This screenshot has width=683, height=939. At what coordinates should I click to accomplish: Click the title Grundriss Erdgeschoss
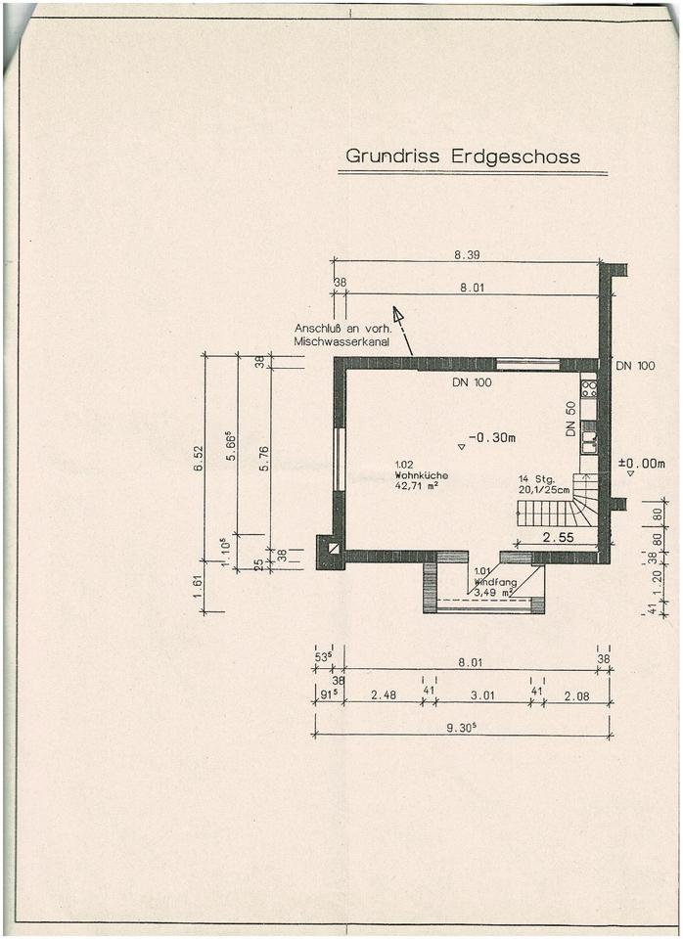462,156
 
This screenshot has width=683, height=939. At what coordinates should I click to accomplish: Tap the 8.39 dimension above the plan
466,254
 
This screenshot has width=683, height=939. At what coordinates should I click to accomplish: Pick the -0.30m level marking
491,437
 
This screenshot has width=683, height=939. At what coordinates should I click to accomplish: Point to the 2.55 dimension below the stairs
558,537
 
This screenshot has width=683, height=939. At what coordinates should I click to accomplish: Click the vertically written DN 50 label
570,419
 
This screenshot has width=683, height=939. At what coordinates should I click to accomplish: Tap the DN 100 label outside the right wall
635,366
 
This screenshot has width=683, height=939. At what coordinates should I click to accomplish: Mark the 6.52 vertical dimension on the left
200,457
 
